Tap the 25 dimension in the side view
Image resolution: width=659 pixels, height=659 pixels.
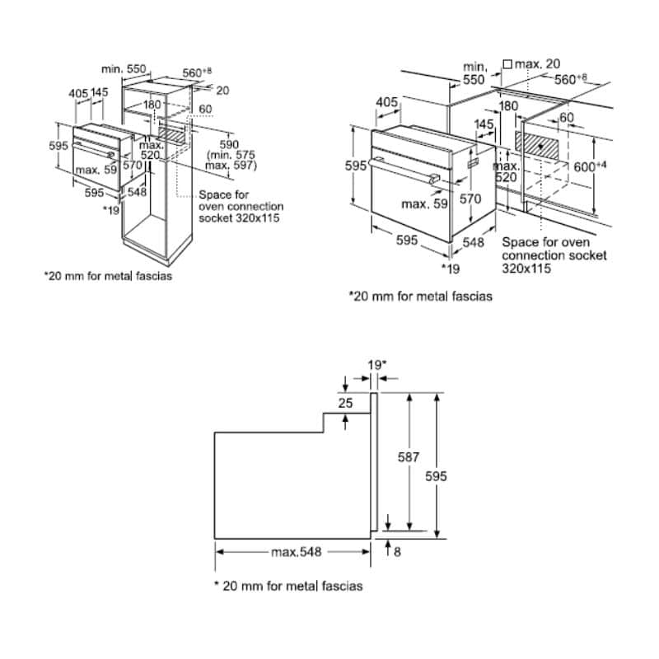(346, 403)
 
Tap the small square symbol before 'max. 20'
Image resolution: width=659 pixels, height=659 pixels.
(507, 63)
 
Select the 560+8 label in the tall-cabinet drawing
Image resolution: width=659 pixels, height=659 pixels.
(199, 72)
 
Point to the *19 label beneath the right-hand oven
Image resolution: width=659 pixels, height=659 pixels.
(450, 269)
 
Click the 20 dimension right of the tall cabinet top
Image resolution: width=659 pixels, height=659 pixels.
(224, 91)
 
